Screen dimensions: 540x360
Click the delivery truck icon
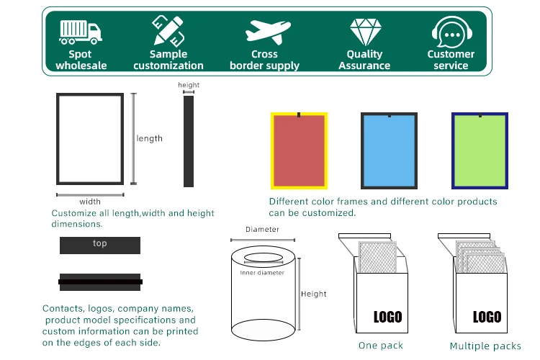[x=81, y=32]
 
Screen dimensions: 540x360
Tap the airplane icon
[x=268, y=32]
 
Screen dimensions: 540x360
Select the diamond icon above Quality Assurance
[x=365, y=32]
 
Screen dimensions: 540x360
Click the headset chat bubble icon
[x=452, y=32]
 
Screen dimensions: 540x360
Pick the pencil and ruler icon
[x=168, y=31]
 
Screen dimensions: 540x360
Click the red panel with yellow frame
[x=299, y=150]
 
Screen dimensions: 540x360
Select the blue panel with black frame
[x=389, y=150]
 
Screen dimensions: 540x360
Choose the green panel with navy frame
[x=480, y=150]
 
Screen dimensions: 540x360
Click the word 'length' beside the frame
[x=150, y=138]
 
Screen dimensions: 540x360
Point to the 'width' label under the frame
[x=90, y=202]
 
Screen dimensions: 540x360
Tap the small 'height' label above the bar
[x=189, y=85]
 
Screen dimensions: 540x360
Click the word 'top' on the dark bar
[x=100, y=243]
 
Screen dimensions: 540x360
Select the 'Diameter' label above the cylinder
[x=262, y=230]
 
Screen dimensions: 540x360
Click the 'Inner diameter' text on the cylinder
[x=262, y=273]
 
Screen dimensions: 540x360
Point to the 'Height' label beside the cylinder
[x=314, y=294]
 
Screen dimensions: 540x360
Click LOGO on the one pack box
[x=388, y=317]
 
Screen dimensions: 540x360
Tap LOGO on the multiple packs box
[x=487, y=317]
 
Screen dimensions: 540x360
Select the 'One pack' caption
[x=381, y=346]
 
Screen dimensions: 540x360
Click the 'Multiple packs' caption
[x=485, y=346]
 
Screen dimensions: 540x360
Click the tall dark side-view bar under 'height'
[x=189, y=141]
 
